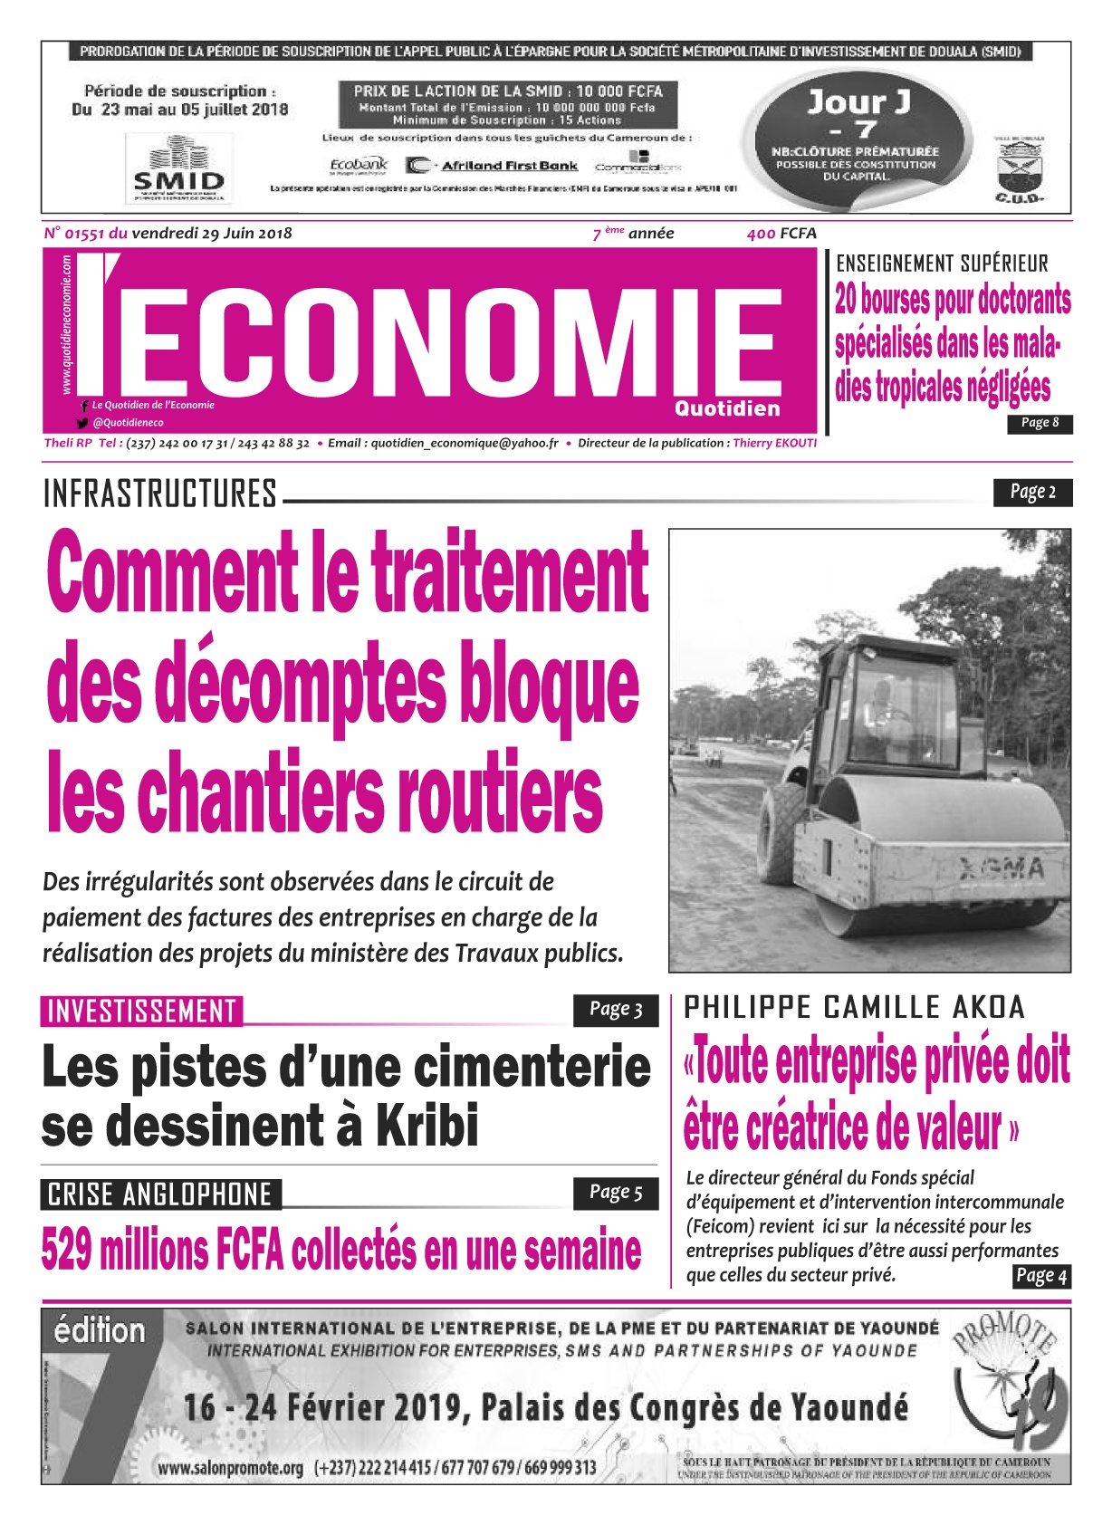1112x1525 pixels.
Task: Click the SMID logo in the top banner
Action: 177,169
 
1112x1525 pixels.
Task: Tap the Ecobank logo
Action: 359,166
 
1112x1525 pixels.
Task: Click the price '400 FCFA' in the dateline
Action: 781,234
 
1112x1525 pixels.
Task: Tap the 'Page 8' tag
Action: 1040,423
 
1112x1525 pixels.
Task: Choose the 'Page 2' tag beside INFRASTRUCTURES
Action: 1032,493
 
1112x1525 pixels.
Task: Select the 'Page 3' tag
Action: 616,1010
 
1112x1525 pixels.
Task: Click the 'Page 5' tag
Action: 616,1193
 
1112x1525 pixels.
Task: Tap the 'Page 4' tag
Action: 1041,1276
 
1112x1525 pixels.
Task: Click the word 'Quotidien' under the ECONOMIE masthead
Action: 727,408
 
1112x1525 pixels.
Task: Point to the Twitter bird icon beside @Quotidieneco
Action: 82,423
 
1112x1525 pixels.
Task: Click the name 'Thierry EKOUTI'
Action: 774,444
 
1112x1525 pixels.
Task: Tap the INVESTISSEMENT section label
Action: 141,1012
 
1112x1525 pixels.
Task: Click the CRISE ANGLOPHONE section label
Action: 160,1194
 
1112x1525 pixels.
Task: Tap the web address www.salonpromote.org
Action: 230,1468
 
